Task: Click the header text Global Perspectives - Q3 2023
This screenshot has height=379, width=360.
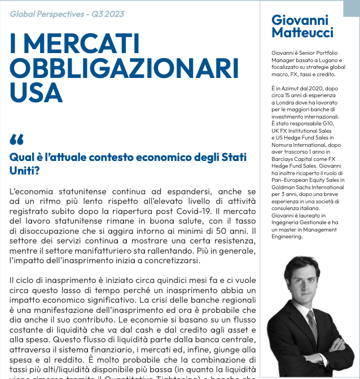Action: tap(67, 14)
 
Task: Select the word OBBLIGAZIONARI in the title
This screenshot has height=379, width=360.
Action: tap(124, 69)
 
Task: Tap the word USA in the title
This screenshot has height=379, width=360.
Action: tap(36, 93)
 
